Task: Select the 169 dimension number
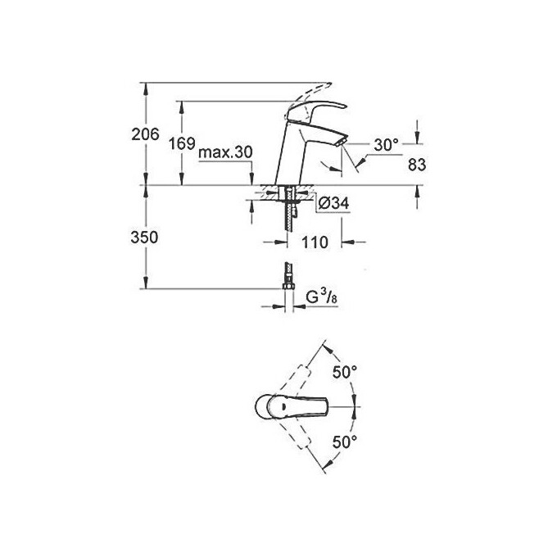tap(182, 144)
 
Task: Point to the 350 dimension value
tap(144, 237)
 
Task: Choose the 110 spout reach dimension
tap(315, 242)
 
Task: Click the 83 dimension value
tap(418, 165)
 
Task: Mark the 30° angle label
tap(385, 145)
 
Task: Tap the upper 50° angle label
tap(345, 373)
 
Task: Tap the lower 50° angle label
tap(345, 443)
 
